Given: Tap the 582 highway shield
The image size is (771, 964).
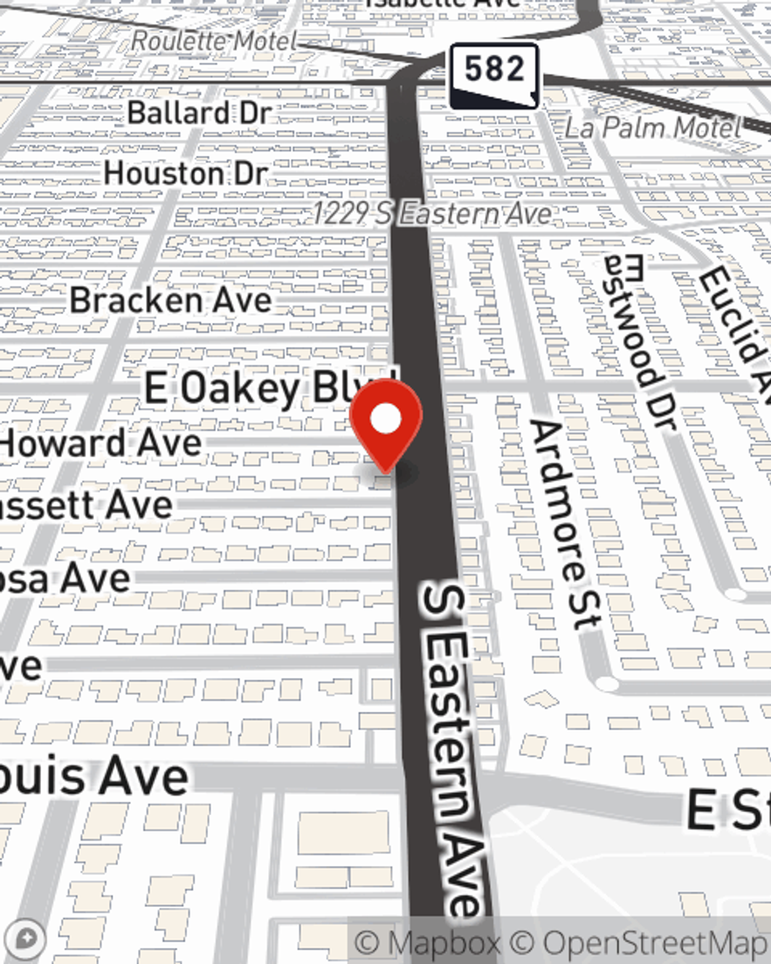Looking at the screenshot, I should (x=493, y=74).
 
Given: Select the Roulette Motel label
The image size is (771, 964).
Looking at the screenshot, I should (x=214, y=41).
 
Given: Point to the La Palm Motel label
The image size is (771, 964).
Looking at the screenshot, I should (x=652, y=127).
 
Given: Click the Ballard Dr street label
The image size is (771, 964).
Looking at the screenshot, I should (x=200, y=113).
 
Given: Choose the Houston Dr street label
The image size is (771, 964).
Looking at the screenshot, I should (x=186, y=174).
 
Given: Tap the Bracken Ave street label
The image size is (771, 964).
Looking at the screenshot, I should (x=170, y=300).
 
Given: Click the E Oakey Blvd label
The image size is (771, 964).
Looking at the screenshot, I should (x=266, y=387).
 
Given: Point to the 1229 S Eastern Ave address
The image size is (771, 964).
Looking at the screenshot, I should (x=433, y=214).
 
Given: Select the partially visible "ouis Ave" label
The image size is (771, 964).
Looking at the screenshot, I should (x=94, y=776).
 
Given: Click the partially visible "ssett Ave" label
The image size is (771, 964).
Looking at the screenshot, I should (x=86, y=506).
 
